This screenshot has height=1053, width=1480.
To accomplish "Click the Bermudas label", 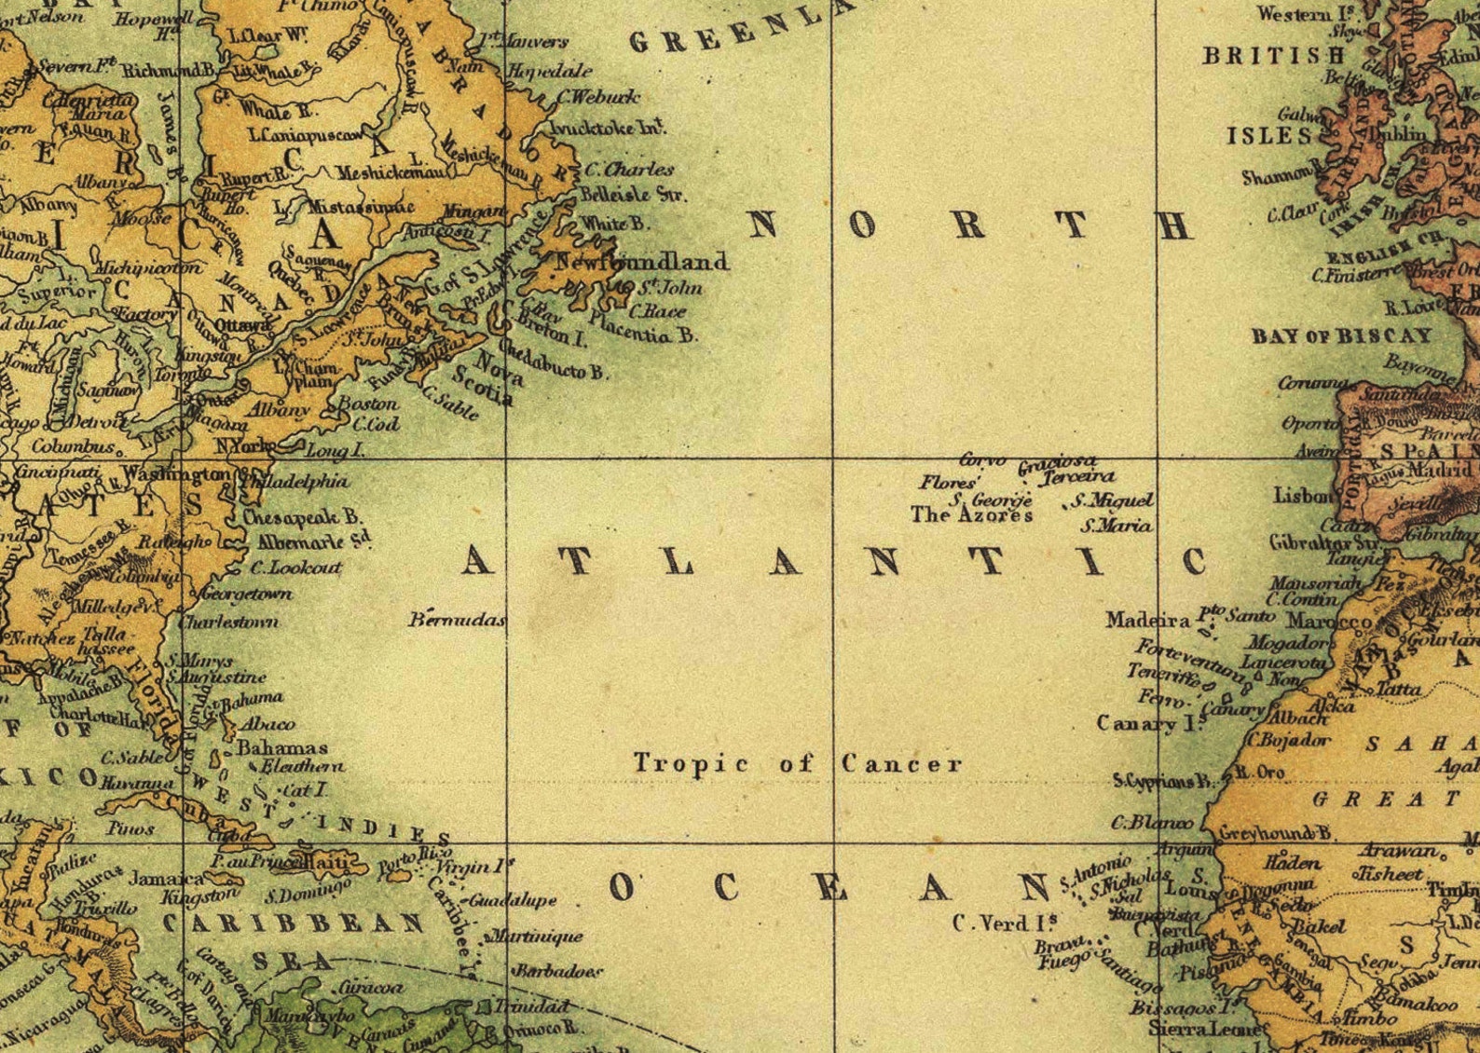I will click(457, 620).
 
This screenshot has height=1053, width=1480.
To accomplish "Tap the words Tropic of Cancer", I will click(797, 764).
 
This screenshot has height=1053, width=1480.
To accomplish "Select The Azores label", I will click(971, 515).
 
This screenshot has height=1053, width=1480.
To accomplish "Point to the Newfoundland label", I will click(641, 262).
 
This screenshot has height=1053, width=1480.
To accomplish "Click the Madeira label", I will click(1147, 620).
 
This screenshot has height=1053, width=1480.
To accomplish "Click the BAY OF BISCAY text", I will click(1340, 336).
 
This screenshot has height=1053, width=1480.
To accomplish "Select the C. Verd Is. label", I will click(1004, 923).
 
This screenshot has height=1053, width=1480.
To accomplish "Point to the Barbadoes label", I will click(558, 971).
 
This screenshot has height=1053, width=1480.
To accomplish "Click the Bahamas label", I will click(281, 747).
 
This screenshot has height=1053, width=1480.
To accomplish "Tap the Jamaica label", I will click(166, 878).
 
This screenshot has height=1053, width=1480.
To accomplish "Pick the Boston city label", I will click(367, 404).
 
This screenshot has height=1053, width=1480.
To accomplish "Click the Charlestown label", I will click(228, 622).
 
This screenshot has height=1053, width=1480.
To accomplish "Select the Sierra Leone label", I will click(1206, 1029).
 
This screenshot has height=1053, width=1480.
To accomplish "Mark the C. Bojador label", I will click(1289, 741).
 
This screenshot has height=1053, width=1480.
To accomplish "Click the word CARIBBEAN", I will click(294, 923).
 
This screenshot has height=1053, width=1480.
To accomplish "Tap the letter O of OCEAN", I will click(622, 888).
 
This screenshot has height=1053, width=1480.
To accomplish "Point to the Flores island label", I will click(947, 483).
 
